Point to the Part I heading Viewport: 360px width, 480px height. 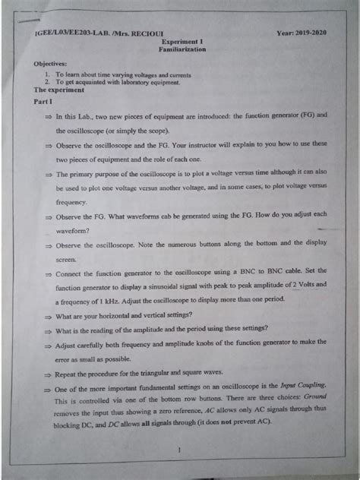click(x=38, y=101)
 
